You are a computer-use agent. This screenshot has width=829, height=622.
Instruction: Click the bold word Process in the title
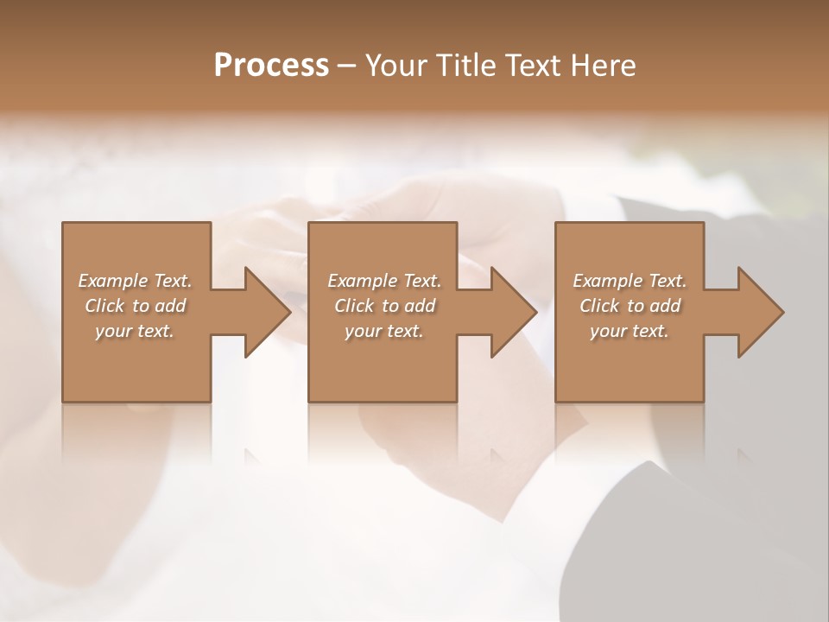271,65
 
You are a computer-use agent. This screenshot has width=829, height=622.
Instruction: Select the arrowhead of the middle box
513,312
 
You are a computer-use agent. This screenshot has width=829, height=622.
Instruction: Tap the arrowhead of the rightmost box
760,312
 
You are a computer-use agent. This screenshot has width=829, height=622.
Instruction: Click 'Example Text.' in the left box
135,281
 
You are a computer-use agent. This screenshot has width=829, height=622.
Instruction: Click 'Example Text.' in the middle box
384,281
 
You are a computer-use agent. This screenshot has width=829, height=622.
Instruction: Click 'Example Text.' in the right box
630,281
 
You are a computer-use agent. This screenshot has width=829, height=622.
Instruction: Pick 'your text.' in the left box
135,331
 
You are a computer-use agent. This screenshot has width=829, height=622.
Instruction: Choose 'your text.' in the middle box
384,331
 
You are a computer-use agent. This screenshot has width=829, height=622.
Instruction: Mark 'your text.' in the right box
630,331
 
